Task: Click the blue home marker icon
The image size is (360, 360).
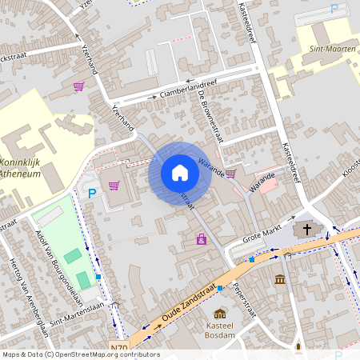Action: [180, 173]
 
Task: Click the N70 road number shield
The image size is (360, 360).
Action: [119, 347]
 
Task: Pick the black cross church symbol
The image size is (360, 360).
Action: [308, 230]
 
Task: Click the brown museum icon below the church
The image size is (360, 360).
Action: [280, 278]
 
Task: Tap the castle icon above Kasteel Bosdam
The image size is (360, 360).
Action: [220, 314]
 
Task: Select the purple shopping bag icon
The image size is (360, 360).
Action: [201, 238]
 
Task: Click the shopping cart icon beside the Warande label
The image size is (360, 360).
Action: [230, 173]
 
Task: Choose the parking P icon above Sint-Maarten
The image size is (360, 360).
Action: [334, 9]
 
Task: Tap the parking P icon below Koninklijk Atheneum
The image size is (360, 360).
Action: [92, 192]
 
